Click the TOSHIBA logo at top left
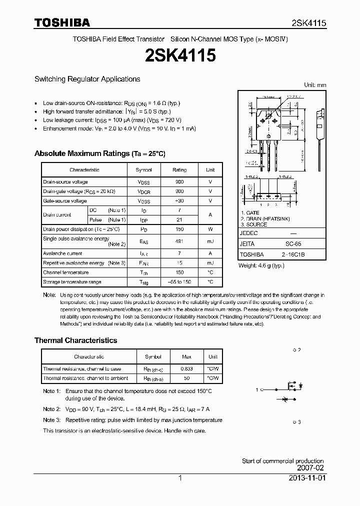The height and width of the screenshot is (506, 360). click(x=62, y=22)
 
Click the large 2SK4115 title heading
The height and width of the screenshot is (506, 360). click(x=179, y=55)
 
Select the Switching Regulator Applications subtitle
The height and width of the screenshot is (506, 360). click(x=87, y=79)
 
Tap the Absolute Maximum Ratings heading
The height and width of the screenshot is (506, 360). click(x=99, y=153)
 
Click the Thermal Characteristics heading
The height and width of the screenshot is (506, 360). click(x=75, y=340)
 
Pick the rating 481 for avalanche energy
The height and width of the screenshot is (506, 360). click(x=179, y=241)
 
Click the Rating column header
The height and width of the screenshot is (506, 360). click(x=179, y=170)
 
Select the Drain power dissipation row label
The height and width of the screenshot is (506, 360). click(x=81, y=229)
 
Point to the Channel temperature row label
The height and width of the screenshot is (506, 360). click(x=65, y=272)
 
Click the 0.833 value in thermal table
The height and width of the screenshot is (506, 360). click(x=186, y=368)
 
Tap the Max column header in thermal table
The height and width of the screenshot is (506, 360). click(x=186, y=357)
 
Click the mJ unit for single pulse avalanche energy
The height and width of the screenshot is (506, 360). click(x=210, y=241)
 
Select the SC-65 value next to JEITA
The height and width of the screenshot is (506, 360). click(x=293, y=243)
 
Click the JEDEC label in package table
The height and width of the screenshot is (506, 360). click(x=248, y=233)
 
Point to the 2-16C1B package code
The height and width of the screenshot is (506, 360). click(x=293, y=254)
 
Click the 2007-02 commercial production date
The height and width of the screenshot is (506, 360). click(x=310, y=468)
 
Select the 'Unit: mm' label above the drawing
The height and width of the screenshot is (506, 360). click(x=315, y=85)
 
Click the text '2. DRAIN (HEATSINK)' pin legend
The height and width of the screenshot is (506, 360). click(x=265, y=219)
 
